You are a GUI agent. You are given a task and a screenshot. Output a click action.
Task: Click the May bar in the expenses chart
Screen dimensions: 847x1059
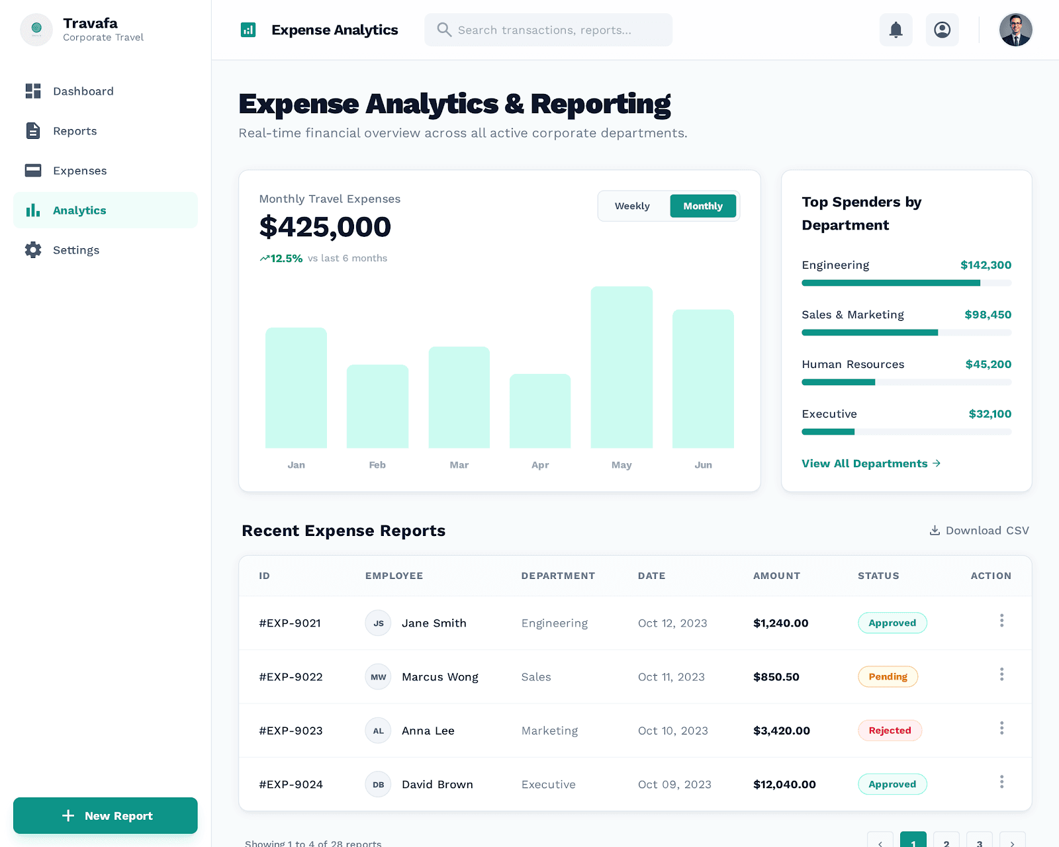[x=622, y=367]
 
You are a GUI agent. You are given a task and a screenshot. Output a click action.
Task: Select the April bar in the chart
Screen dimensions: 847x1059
[x=540, y=411]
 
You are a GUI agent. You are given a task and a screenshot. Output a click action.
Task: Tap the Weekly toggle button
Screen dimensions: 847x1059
[x=632, y=206]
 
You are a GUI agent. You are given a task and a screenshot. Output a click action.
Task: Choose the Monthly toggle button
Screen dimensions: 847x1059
[x=703, y=206]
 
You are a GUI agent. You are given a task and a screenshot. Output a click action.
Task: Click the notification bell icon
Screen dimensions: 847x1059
[x=896, y=30]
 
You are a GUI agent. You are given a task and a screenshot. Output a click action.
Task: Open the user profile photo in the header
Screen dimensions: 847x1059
[x=1015, y=30]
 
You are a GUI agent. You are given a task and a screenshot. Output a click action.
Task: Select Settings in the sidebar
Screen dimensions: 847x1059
[x=76, y=250]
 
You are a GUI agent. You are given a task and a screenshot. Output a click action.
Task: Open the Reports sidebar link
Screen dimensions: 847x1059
[x=75, y=131]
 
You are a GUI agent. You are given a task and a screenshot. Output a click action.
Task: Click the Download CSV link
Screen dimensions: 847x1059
[x=980, y=531]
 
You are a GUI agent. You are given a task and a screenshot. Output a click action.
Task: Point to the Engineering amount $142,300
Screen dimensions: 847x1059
[x=986, y=265]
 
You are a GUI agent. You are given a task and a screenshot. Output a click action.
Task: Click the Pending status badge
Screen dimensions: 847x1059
[x=888, y=677]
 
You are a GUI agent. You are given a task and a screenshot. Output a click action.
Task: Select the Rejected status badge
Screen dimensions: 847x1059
[x=890, y=731]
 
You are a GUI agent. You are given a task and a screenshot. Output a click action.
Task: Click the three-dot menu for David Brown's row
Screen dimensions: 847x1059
[x=1001, y=782]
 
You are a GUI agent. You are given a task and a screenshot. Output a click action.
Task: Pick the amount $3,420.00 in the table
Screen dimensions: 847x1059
[x=782, y=731]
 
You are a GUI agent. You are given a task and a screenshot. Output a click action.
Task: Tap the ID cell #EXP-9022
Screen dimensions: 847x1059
[x=291, y=677]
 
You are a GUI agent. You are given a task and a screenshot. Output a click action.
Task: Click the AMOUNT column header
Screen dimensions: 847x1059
[x=776, y=576]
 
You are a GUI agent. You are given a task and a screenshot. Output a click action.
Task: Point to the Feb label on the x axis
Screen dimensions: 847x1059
[x=377, y=465]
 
